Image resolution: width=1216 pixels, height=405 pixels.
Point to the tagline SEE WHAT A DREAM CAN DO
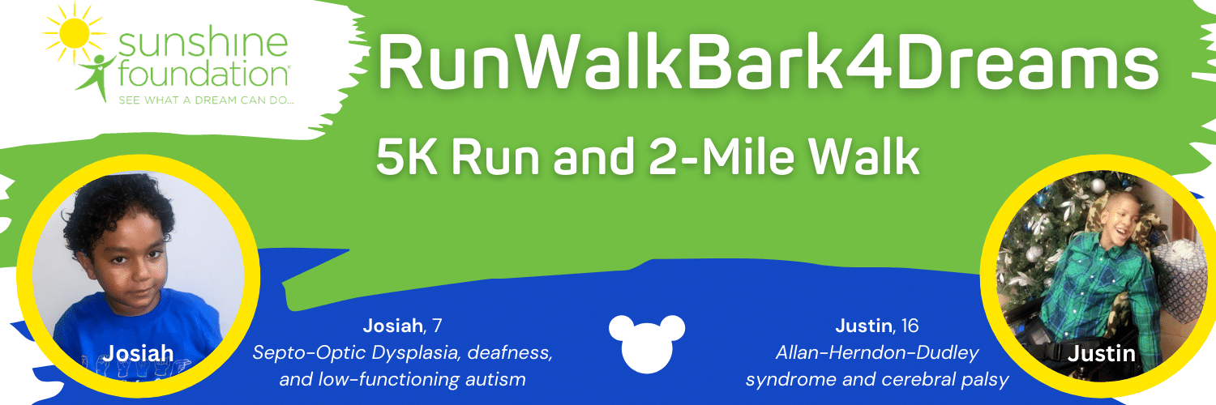[206, 100]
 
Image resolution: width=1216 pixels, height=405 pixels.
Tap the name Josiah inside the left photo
[138, 353]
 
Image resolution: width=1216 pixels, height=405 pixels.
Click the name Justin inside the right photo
[1102, 353]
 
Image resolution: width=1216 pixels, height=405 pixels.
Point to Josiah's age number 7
[437, 326]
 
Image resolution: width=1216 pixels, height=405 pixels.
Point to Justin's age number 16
[910, 326]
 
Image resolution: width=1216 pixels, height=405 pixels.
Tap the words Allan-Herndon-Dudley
[877, 353]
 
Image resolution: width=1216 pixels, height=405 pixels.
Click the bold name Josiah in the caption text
[392, 326]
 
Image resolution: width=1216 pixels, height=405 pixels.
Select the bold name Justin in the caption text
[863, 326]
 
